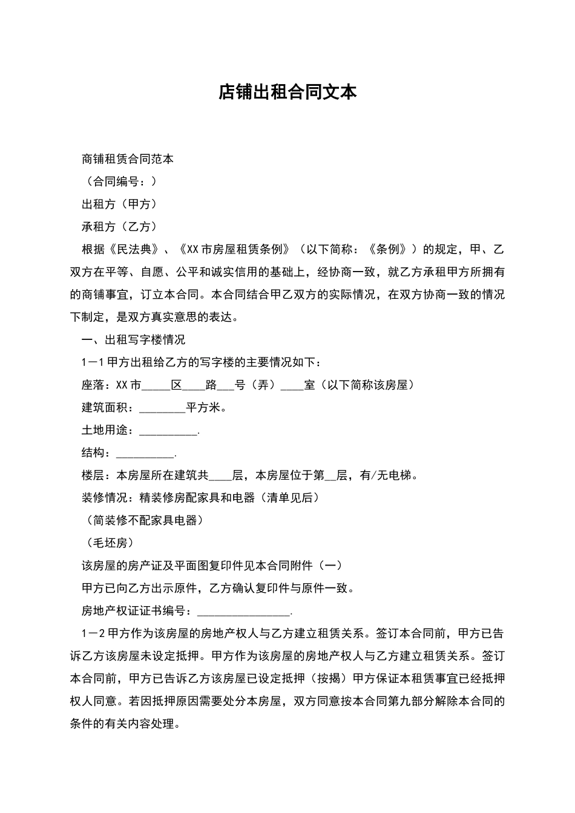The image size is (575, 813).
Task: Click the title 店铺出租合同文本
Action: [287, 93]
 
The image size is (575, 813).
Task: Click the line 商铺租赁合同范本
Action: [128, 159]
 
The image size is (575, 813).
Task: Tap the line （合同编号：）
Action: [119, 181]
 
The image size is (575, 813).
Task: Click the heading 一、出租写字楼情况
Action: [133, 340]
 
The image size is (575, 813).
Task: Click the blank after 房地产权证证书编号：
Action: [243, 612]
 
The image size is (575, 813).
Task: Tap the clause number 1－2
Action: [93, 634]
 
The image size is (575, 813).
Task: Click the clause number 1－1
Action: [93, 362]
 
